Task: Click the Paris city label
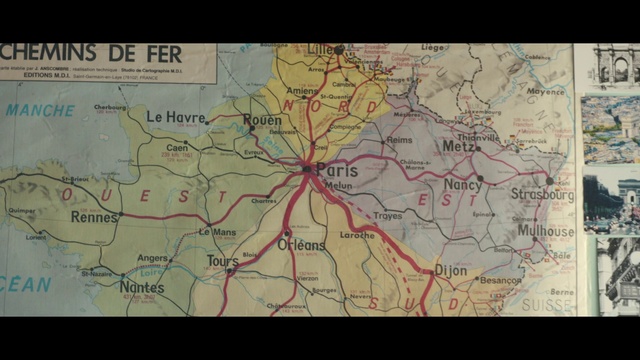337,170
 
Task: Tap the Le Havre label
176,117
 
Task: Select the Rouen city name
262,120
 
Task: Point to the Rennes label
94,217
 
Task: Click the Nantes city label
141,287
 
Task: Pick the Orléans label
301,245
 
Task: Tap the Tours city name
222,261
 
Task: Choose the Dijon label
451,270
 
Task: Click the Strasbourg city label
543,193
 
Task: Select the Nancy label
462,185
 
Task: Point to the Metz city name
459,146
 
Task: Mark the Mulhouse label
545,231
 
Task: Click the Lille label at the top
322,49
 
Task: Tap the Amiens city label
303,91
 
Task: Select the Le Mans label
217,232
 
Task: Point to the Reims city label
399,140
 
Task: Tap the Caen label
178,147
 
